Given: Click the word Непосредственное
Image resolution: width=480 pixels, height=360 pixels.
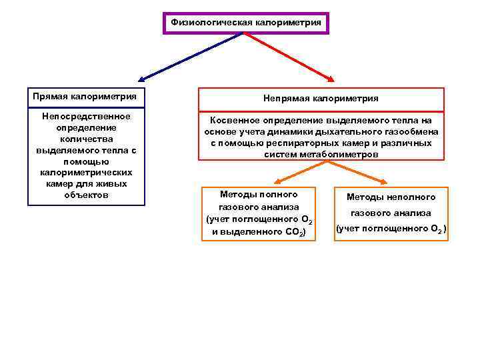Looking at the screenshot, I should [x=87, y=116].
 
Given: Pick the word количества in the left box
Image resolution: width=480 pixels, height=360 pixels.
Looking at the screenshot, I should [x=86, y=139].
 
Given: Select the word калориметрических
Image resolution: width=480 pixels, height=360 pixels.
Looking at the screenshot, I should [x=86, y=173].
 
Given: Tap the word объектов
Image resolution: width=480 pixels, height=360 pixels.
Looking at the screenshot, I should [x=86, y=195].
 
